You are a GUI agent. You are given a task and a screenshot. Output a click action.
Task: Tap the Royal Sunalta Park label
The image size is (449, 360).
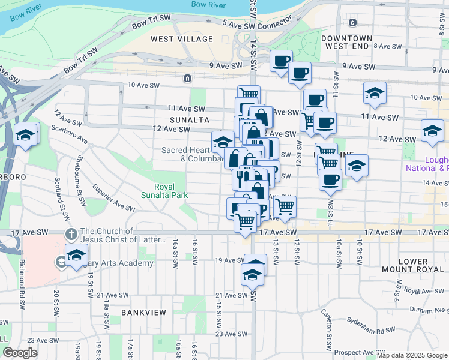pos(164,191)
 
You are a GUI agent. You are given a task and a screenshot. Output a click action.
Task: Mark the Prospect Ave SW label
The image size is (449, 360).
pos(355,353)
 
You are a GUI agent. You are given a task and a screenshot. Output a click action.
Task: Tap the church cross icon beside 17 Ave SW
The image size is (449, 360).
pos(70,233)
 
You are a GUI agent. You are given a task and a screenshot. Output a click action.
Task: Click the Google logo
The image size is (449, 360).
pos(20,353)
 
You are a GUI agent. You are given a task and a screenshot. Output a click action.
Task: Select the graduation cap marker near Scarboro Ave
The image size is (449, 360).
pos(26,134)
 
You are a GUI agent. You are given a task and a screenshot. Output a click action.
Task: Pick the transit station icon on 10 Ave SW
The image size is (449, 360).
pos(188,79)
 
